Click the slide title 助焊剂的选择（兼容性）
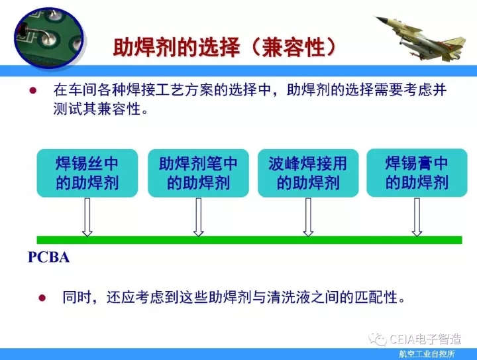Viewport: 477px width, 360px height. [225, 48]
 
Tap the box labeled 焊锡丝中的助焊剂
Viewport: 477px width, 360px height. [87, 173]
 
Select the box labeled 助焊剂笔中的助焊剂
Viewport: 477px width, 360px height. [198, 173]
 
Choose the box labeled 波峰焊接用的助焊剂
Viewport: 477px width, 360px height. [308, 173]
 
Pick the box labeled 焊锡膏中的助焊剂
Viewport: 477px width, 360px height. [417, 173]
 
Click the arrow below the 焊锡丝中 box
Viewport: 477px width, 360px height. [87, 217]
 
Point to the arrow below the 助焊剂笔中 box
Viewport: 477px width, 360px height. [199, 217]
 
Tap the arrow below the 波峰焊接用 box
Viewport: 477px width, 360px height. [308, 217]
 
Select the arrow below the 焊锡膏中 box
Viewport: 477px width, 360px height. [417, 217]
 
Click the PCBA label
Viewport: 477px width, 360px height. [48, 257]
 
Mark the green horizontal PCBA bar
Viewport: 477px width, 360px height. [250, 240]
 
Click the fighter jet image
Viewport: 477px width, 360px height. [421, 38]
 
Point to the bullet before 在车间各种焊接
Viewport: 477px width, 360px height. [33, 90]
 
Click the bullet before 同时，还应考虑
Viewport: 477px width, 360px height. [42, 298]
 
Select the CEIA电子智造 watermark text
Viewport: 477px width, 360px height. [425, 339]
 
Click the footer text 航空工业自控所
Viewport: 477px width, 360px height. [427, 354]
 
